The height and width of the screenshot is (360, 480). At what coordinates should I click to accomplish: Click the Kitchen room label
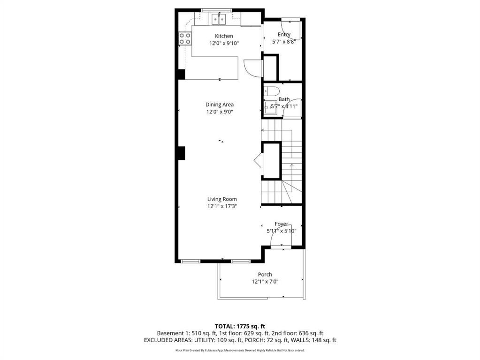point(224,36)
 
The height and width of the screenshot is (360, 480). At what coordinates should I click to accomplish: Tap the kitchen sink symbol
point(219,19)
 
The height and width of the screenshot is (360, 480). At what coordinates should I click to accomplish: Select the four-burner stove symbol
point(184,38)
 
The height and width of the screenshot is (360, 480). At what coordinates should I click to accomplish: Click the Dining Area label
point(220,105)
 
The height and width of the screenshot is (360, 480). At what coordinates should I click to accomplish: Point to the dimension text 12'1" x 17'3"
point(222,206)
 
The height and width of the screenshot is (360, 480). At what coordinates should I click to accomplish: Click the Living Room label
point(222,199)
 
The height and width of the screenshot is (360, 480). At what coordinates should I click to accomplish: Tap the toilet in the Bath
point(272,91)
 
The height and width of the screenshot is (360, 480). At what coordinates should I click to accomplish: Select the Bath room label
point(284,99)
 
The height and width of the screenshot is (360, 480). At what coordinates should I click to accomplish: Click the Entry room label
point(284,35)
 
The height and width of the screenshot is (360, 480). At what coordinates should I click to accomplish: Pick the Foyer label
point(282,224)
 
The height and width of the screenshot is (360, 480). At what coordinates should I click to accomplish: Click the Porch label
point(265,275)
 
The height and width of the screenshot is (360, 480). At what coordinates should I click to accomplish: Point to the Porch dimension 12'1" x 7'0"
point(265,282)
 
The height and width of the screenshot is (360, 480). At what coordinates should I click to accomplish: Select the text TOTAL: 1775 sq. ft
point(240,326)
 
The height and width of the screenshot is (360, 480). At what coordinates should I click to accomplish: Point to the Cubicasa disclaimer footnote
point(240,350)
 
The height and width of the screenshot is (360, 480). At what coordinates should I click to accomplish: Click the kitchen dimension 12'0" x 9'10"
point(224,43)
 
